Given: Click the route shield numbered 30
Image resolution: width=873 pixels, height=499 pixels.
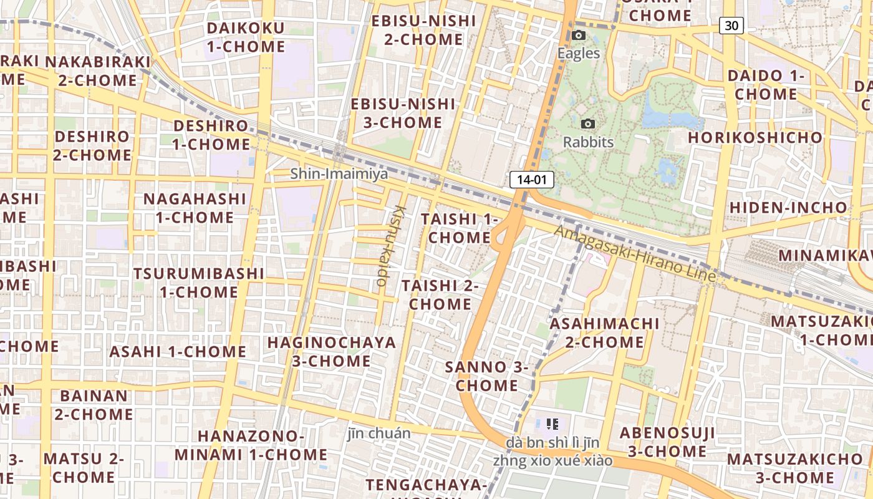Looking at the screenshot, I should (x=731, y=25).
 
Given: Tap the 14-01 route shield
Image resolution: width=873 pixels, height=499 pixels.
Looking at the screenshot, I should (x=532, y=180).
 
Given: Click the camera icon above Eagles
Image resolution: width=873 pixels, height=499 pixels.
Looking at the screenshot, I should (x=579, y=36).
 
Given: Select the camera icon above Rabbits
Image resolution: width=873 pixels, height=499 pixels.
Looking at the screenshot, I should (x=587, y=124).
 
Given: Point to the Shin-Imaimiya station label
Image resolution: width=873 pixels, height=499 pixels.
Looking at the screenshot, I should (x=339, y=173).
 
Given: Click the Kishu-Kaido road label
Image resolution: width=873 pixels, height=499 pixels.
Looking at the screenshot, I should (x=391, y=246).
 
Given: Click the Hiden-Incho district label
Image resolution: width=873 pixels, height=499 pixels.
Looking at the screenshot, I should (x=788, y=208).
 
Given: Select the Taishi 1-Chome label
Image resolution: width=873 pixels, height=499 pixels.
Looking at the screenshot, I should (x=460, y=228).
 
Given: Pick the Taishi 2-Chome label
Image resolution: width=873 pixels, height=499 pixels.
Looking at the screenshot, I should (x=440, y=295).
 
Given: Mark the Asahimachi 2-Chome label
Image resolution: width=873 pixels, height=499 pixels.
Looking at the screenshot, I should (x=604, y=332).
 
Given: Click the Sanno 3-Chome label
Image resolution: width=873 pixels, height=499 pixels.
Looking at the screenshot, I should (x=486, y=376).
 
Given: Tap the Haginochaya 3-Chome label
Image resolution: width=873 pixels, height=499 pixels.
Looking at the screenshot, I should (x=331, y=351).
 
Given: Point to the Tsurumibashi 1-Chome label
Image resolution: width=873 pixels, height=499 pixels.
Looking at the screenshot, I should (x=198, y=283).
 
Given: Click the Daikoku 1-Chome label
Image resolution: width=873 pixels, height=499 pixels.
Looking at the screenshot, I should (x=246, y=37).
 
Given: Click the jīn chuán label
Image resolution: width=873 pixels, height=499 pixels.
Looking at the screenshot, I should (x=379, y=434).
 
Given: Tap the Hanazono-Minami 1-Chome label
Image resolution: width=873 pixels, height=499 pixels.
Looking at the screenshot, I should (x=251, y=445).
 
